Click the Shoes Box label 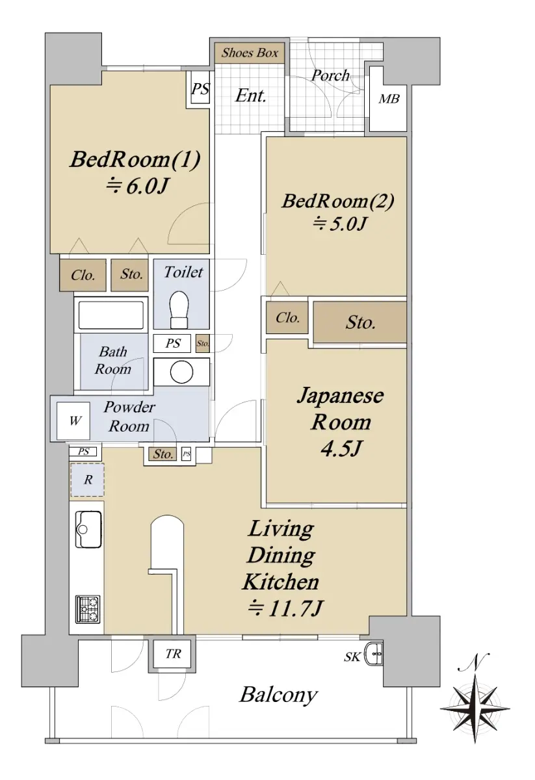point(250,53)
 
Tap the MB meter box point(388,99)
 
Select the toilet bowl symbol point(179,309)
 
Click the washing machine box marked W point(73,421)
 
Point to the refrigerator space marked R point(87,480)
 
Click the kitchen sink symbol point(89,529)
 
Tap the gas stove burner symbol point(88,609)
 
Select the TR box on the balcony point(172,654)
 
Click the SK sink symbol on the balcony point(373,653)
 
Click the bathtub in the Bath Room point(111,315)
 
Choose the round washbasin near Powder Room point(181,372)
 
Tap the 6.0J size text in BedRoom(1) point(137,186)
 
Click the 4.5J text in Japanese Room point(341,448)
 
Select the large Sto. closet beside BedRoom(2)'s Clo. point(360,322)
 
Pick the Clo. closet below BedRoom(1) point(83,275)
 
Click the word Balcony point(278,695)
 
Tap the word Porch point(330,75)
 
